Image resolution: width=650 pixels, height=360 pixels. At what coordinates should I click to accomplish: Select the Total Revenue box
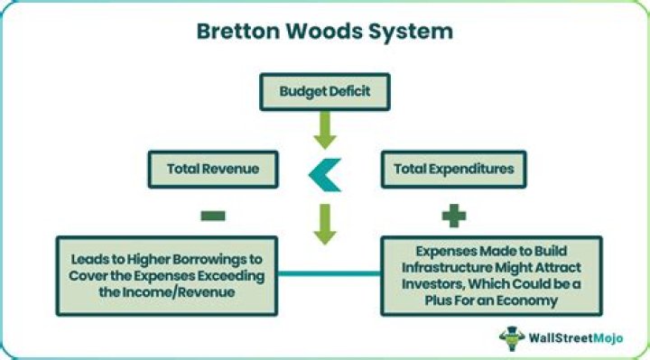point(212,169)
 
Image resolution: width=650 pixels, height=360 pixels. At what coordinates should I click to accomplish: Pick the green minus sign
point(214,217)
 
